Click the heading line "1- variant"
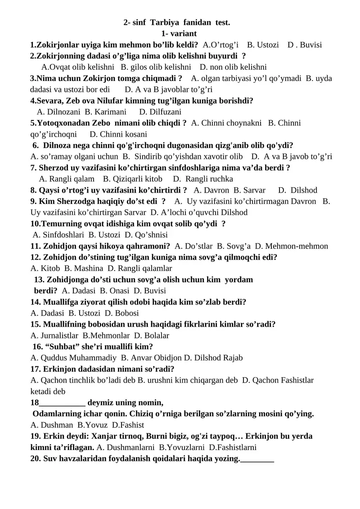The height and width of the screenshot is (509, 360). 179,33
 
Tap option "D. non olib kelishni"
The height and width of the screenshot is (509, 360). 233,67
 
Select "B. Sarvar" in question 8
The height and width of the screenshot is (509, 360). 249,190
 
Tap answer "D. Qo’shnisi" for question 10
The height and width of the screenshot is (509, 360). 146,234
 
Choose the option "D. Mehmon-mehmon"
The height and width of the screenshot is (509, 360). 292,246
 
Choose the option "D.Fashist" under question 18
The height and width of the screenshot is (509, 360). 128,425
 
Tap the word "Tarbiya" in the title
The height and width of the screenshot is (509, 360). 164,22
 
